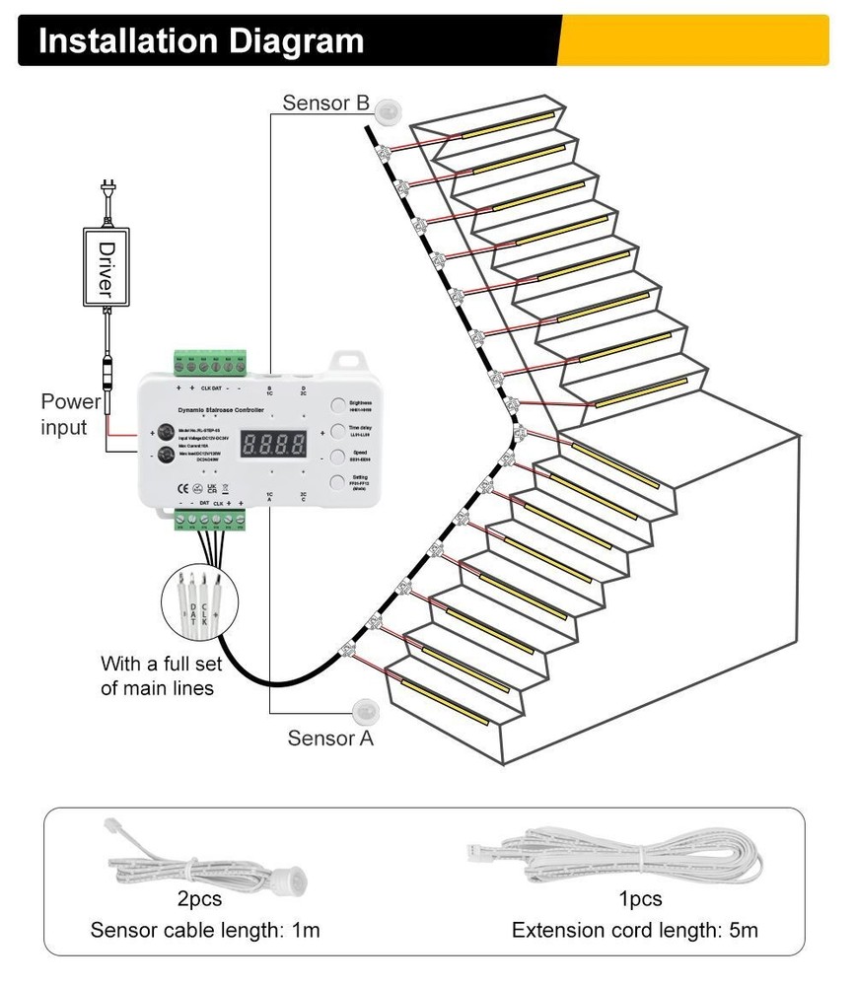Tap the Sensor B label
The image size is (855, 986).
pos(325,102)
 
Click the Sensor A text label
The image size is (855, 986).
pos(330,738)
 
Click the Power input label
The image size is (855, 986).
pos(70,414)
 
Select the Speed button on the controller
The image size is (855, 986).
pos(336,456)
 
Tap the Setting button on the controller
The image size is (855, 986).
pos(336,482)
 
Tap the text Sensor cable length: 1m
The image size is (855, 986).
pos(205,929)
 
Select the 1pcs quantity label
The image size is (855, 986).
pos(640,899)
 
